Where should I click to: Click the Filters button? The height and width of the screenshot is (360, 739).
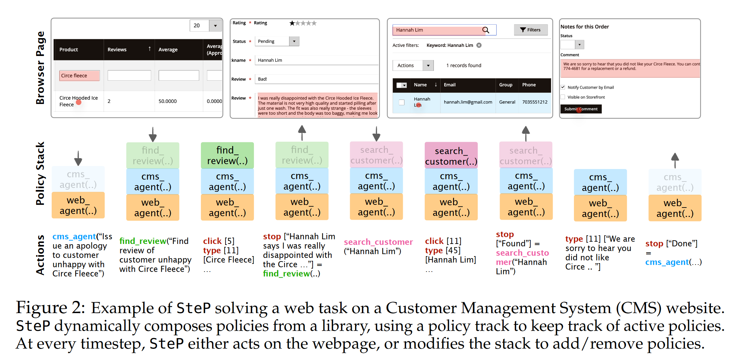pos(530,30)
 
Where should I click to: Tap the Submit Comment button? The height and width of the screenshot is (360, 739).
pos(581,109)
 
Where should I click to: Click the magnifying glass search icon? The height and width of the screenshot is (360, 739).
pos(485,30)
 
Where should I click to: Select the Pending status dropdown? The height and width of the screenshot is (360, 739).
pos(277,41)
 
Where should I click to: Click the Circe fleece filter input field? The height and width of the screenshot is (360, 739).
pos(79,76)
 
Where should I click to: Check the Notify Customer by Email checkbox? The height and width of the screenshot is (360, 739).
pos(563,87)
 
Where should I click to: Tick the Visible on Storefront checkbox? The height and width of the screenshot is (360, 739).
pos(563,97)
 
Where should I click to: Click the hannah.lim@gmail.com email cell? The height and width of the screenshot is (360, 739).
pos(468,102)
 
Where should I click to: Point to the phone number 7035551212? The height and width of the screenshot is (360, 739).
pos(534,102)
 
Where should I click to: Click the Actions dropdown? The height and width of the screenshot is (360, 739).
pos(413,65)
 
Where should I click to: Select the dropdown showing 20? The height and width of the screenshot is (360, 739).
pos(205,26)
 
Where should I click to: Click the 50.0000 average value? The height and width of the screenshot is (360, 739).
pos(167,101)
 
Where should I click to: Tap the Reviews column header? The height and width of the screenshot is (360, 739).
pos(117,50)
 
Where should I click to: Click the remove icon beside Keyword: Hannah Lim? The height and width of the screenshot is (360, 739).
pos(479,45)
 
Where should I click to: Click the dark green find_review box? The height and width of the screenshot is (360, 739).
pos(227,155)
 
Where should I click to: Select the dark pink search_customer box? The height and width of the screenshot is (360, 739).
pos(451,156)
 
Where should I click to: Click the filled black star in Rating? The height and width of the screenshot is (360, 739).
pos(292,23)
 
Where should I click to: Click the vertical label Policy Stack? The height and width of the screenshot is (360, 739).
pos(40,173)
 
